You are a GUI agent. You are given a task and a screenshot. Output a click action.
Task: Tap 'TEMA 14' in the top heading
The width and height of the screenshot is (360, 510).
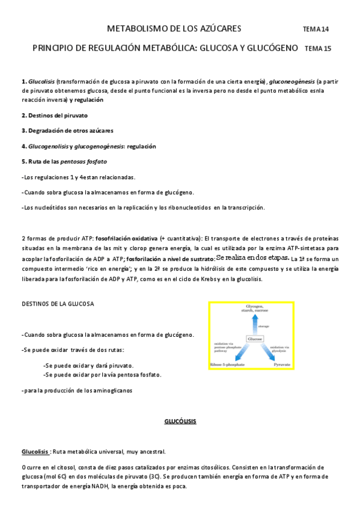(x=316, y=29)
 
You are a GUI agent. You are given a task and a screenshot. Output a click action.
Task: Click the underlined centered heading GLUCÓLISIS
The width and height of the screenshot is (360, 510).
(x=180, y=422)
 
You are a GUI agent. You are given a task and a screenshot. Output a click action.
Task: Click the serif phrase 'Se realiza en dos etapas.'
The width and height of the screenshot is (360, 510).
(x=252, y=257)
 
